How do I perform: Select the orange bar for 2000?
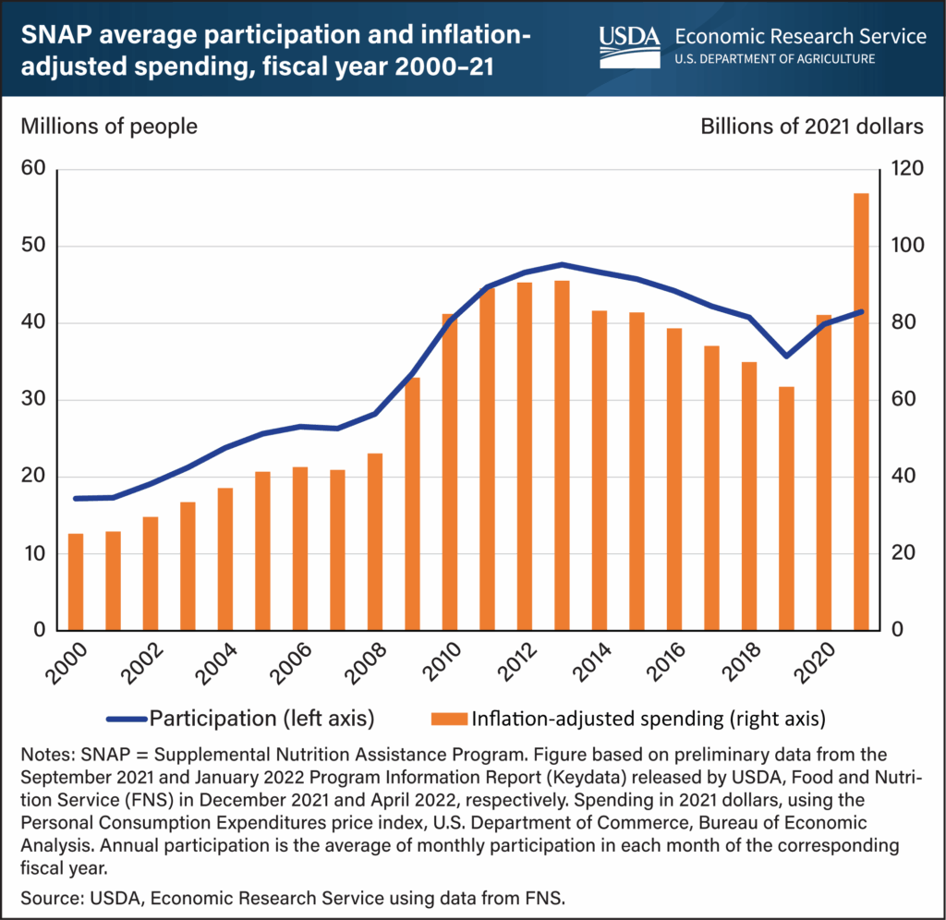pyautogui.click(x=76, y=582)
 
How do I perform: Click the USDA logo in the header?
pyautogui.click(x=628, y=38)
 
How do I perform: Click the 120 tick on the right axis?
pyautogui.click(x=909, y=170)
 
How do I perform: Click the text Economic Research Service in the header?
pyautogui.click(x=800, y=37)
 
